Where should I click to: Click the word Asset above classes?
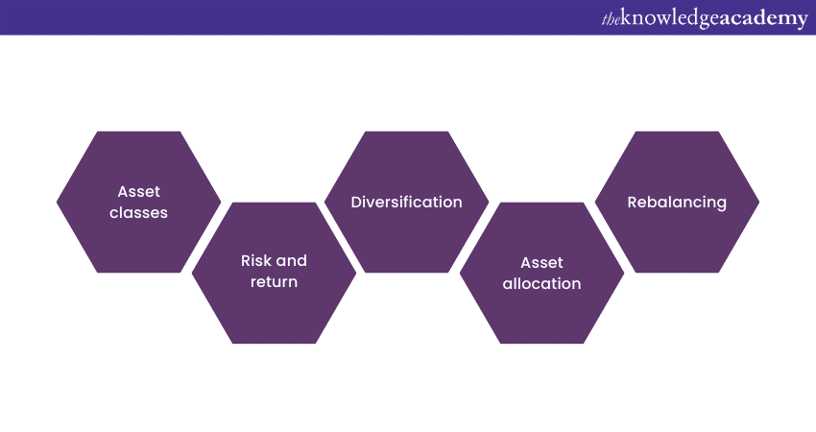138,192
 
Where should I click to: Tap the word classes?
138,213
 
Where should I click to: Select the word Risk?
257,261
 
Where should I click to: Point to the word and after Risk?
293,261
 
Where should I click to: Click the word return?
274,282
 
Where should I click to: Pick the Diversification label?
406,203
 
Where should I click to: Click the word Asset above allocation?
541,262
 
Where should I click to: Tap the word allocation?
541,283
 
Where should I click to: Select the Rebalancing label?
677,203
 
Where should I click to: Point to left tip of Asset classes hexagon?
59,202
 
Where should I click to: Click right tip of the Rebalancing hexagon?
757,202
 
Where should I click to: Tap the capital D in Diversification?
356,203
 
